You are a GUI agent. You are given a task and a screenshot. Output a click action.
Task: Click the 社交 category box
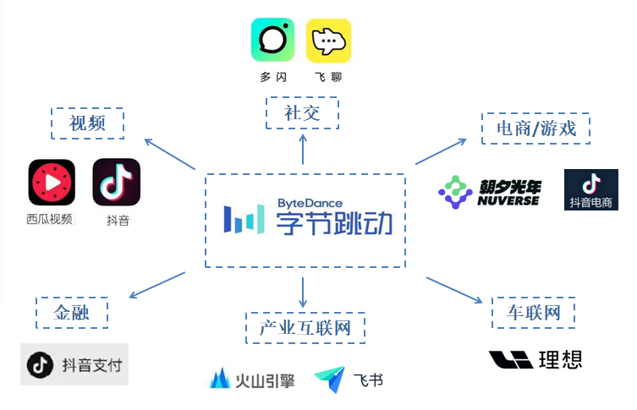(302, 112)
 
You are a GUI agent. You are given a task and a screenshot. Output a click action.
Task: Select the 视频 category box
(87, 123)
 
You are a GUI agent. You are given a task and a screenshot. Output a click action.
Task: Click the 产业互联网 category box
(305, 327)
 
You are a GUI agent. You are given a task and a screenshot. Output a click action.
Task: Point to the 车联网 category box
(534, 313)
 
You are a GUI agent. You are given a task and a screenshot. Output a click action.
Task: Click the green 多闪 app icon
(272, 41)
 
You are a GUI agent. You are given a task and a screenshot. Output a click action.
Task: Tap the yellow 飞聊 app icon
(328, 41)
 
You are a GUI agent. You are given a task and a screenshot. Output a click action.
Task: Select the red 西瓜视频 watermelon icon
(52, 183)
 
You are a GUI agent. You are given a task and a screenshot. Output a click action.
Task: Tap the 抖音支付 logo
(74, 364)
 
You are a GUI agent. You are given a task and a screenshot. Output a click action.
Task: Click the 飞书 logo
(348, 380)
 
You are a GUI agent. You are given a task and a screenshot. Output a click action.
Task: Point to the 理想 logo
(535, 359)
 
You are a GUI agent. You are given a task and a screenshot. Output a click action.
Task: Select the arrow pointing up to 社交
(302, 150)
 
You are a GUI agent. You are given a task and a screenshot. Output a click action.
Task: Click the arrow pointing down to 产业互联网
(302, 289)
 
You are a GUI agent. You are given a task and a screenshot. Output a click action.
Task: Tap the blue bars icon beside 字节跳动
(243, 219)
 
